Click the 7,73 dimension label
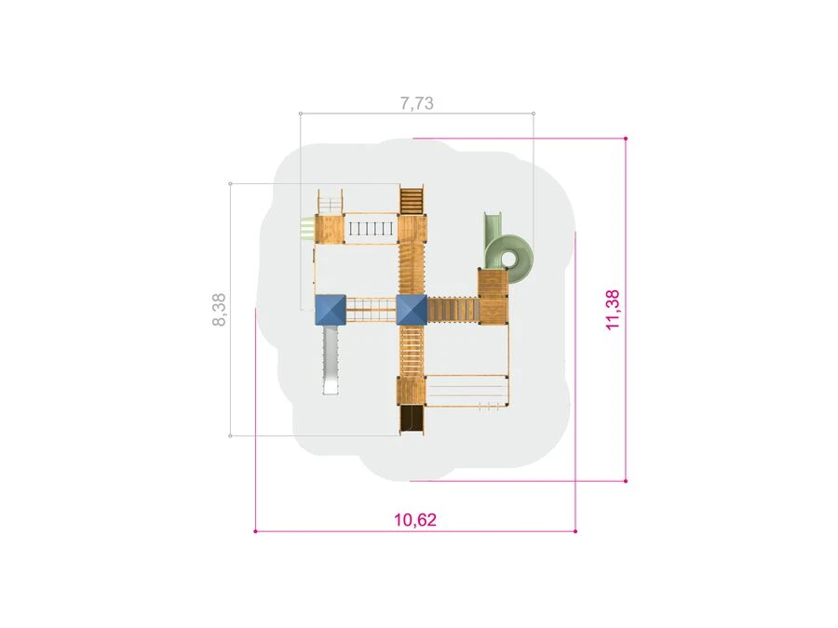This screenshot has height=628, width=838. [x=417, y=103]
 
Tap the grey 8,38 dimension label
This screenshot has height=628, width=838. [x=220, y=310]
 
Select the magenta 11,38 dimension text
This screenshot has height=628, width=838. [x=613, y=310]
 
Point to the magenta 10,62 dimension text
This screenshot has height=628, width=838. [x=415, y=519]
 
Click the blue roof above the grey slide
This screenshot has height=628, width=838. [x=331, y=310]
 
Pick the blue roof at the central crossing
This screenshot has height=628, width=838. [x=412, y=310]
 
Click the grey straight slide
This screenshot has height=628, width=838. [x=331, y=359]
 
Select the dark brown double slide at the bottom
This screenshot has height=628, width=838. [x=412, y=421]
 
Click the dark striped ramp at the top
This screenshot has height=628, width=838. [x=412, y=200]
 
